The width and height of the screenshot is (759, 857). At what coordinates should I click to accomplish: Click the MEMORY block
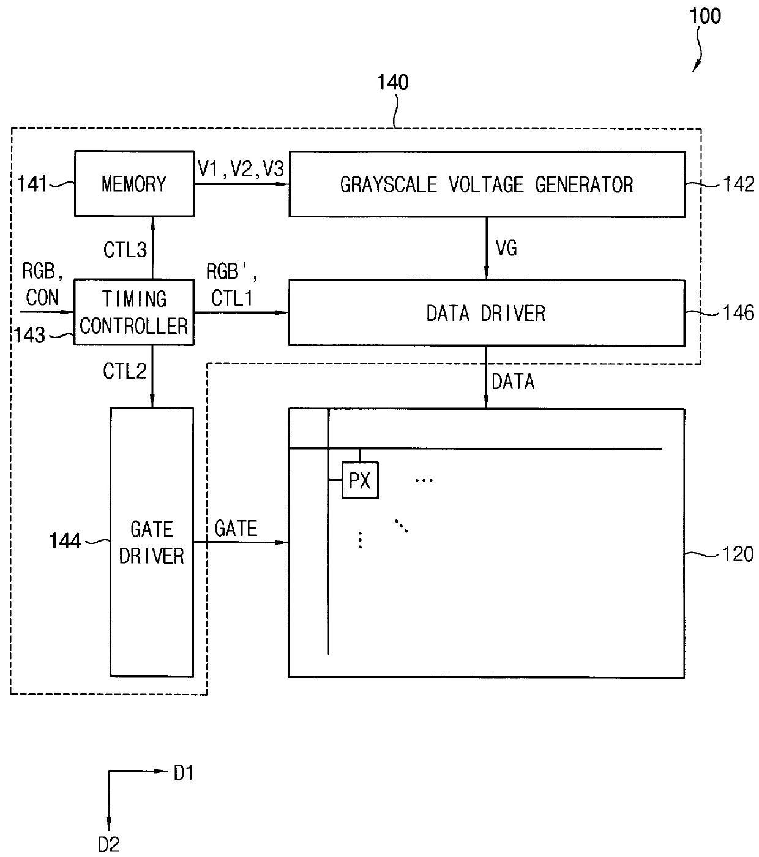135,184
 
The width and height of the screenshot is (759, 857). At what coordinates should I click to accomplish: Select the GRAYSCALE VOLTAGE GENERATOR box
487,184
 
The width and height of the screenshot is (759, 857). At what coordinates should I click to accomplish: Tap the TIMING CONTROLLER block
134,312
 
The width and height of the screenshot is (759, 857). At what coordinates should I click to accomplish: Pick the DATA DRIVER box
487,313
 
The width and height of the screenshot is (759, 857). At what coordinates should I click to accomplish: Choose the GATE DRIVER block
152,542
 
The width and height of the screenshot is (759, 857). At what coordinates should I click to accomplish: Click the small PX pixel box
360,480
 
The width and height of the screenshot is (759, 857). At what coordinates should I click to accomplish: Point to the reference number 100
705,17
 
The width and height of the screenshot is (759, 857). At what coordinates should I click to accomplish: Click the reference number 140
392,82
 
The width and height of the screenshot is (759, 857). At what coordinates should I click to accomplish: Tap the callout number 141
32,184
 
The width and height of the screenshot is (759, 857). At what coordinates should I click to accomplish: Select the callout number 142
739,184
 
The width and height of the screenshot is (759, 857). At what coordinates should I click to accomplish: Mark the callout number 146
739,313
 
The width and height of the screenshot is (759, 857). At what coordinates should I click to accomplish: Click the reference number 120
738,554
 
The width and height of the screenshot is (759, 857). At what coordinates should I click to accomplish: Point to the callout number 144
65,540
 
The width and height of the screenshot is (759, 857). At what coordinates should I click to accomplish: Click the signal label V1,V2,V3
241,169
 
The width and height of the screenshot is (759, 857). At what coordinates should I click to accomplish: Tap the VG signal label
506,248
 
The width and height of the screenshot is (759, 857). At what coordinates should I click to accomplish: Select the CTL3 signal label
125,250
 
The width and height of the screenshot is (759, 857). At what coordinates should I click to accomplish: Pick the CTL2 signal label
125,371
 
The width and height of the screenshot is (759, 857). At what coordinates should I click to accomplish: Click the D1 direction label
184,773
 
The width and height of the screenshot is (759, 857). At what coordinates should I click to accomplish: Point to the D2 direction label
108,845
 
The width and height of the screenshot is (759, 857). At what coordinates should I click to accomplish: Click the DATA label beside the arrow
513,382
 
